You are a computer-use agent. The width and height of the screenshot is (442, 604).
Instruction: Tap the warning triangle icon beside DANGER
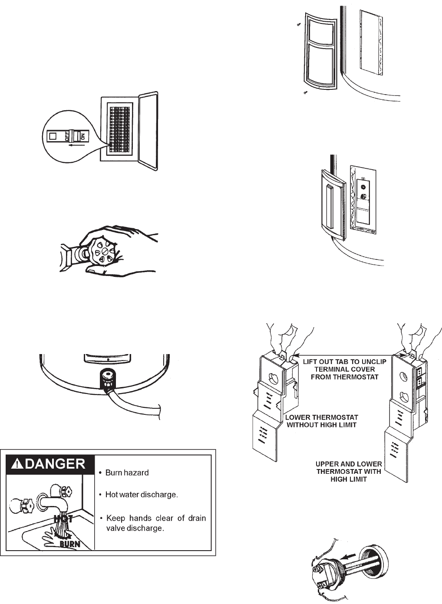pyautogui.click(x=16, y=464)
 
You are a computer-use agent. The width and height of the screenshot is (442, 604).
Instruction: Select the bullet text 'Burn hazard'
pyautogui.click(x=127, y=473)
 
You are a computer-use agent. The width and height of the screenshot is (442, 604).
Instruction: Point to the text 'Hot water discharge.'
pyautogui.click(x=142, y=495)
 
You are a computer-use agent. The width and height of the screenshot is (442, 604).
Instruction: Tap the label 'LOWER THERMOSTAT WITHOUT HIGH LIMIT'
pyautogui.click(x=321, y=421)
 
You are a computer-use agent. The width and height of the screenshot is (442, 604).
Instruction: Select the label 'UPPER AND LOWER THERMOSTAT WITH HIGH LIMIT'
pyautogui.click(x=349, y=472)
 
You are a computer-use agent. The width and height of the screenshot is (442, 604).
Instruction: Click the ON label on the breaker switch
pyautogui.click(x=82, y=137)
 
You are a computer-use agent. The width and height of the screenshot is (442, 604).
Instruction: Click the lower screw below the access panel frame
pyautogui.click(x=305, y=92)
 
